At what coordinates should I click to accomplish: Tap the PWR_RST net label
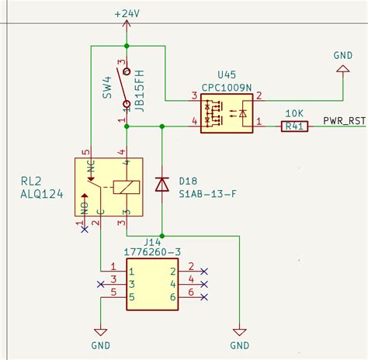point(345,121)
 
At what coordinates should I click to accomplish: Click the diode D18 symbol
point(161,184)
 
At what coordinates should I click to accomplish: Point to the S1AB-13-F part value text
point(209,193)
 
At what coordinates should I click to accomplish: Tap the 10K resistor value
point(294,113)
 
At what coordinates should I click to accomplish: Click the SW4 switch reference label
point(107,87)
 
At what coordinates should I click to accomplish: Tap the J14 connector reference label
point(153,241)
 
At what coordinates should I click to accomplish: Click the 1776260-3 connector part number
point(153,252)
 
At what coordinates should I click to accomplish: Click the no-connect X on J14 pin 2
point(204,271)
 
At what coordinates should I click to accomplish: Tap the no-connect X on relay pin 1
point(83,230)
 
